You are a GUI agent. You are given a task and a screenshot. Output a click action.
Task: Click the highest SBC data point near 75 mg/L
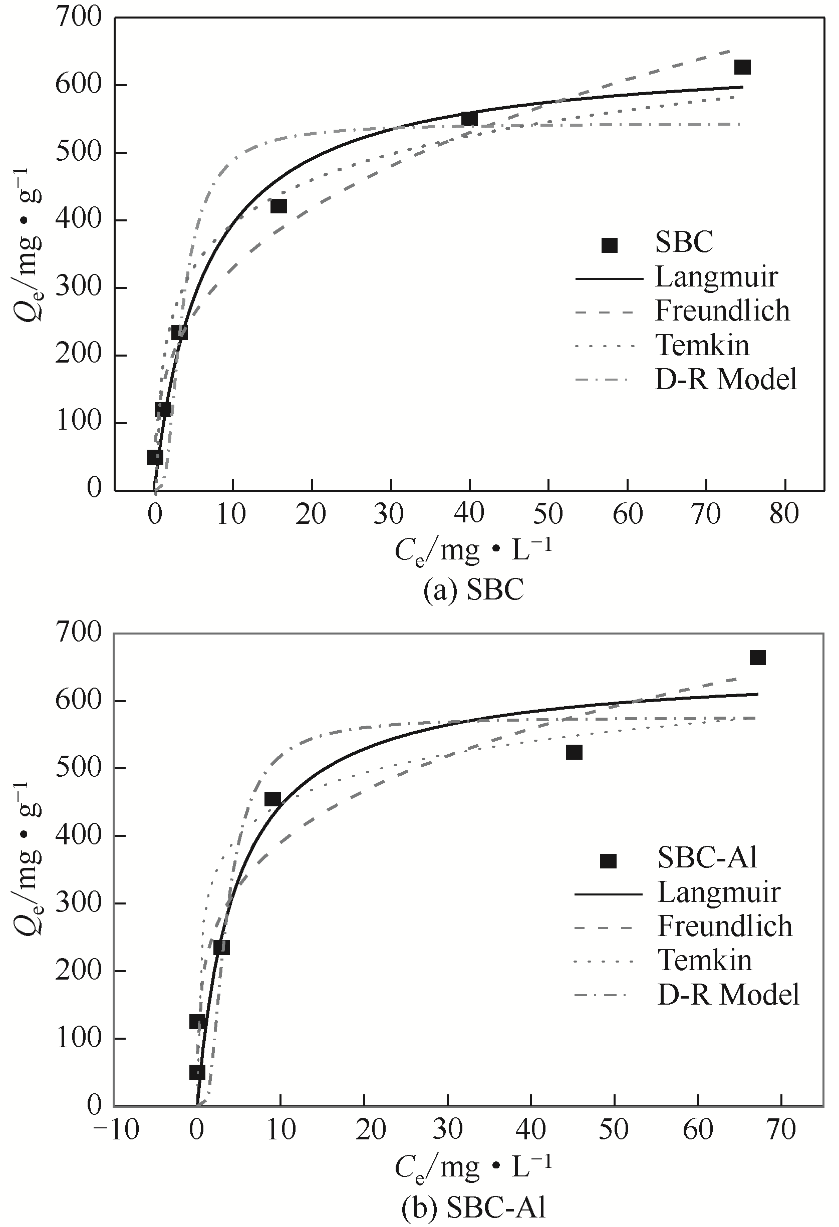click(x=742, y=67)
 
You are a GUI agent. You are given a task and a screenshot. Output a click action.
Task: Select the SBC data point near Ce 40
click(x=469, y=119)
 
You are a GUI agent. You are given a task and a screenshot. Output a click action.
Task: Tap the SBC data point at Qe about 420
click(x=278, y=206)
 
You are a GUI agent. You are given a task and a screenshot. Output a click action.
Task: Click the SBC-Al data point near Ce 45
click(x=574, y=752)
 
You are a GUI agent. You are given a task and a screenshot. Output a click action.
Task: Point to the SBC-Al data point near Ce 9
click(x=272, y=799)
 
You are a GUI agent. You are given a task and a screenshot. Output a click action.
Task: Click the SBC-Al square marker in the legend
click(x=608, y=861)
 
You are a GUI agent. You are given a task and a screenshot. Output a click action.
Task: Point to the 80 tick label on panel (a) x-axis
click(x=784, y=513)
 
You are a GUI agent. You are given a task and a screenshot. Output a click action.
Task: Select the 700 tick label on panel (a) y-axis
click(x=79, y=18)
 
